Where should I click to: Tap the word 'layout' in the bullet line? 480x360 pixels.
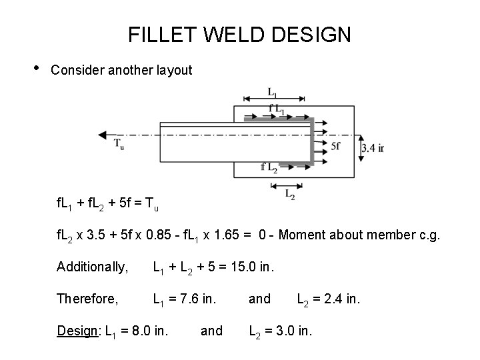click(173, 69)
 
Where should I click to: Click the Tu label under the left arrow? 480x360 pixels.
click(119, 144)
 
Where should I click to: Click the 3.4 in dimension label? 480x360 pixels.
click(372, 147)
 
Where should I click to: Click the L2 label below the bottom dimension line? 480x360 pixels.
click(291, 195)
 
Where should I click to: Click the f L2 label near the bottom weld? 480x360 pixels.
click(269, 167)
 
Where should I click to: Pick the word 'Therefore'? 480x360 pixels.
click(87, 299)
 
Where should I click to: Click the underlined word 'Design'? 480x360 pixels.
click(75, 330)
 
